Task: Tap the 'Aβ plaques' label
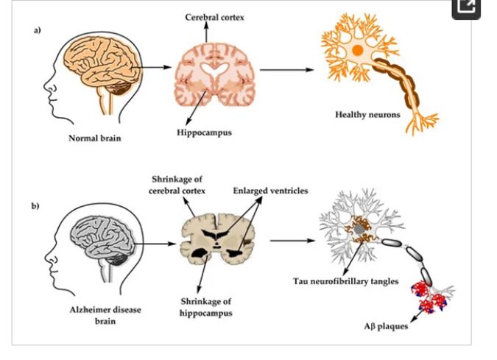pos(387,326)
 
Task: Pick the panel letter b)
pos(35,206)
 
